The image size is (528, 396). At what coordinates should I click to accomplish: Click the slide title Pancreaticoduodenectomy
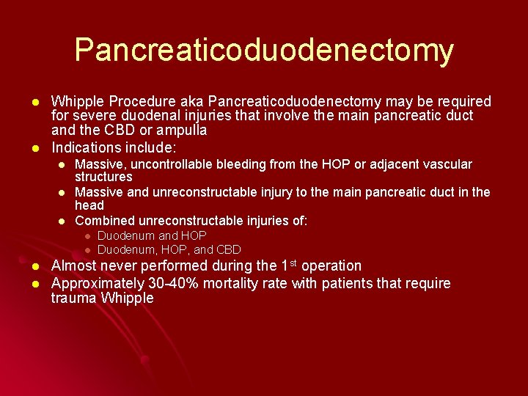click(x=264, y=50)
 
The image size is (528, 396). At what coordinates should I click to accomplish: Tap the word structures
click(x=103, y=177)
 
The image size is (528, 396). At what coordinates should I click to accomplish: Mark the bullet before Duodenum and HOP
click(x=86, y=236)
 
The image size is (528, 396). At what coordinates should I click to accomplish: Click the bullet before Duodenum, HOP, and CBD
click(x=86, y=250)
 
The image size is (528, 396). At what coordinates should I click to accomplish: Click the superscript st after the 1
click(x=292, y=263)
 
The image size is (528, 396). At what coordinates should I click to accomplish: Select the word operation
click(x=331, y=266)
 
